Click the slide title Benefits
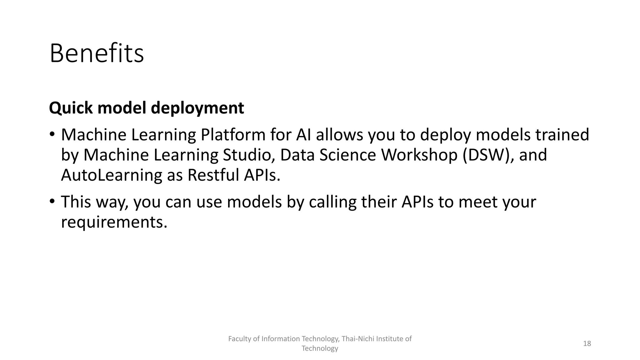97,54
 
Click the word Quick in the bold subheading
71,108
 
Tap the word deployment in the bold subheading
197,108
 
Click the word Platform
233,135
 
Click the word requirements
114,222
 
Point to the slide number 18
587,343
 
